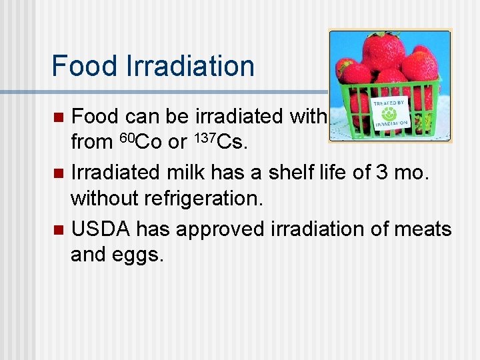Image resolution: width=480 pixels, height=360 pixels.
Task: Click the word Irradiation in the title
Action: pyautogui.click(x=190, y=66)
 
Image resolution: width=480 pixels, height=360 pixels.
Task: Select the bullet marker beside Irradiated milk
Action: pyautogui.click(x=59, y=174)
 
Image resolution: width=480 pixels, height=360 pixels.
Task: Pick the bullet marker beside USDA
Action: pyautogui.click(x=59, y=230)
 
